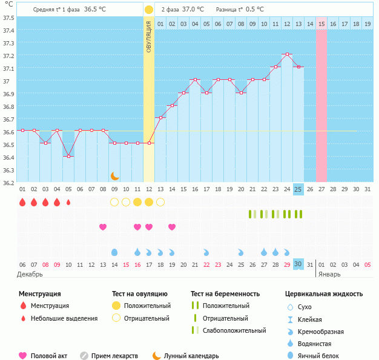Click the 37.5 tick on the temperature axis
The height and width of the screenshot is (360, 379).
coord(8,18)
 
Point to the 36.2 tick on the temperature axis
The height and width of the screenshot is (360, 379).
coord(8,182)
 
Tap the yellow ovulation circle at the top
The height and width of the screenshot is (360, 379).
coord(149,10)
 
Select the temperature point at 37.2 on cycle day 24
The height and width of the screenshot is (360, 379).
coord(287,54)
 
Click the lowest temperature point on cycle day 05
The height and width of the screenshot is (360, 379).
coord(68,156)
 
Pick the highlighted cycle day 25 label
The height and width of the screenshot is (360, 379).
coord(298,189)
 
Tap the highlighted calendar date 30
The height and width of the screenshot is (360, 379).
coord(298,264)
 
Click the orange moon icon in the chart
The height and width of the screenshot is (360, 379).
coord(114,175)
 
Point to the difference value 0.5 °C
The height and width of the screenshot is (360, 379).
coord(254,10)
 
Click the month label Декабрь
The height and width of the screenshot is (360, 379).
coord(31,274)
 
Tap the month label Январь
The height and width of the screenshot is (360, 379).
coord(330,274)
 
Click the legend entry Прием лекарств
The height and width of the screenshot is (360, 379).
coord(114,356)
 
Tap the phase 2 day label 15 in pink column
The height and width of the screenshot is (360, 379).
coord(321,24)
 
